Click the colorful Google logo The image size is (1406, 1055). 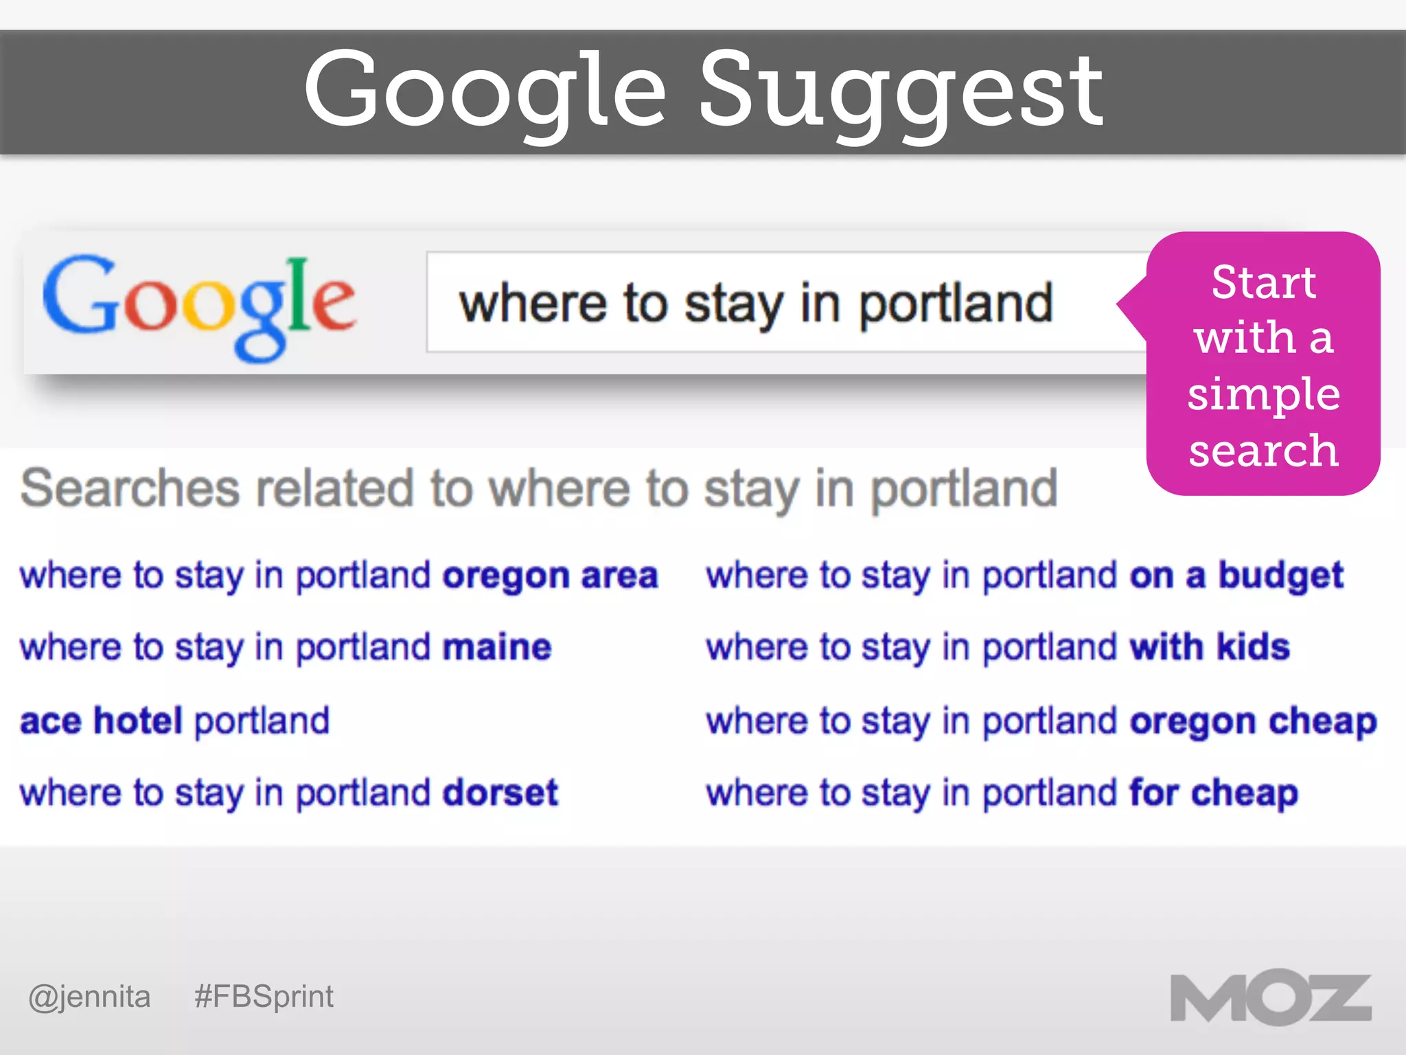coord(199,306)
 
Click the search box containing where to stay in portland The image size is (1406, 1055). coord(755,303)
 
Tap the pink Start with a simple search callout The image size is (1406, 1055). coord(1263,364)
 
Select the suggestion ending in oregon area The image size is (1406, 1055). coord(338,576)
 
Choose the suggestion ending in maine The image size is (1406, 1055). coord(286,647)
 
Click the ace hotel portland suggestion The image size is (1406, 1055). coord(175,721)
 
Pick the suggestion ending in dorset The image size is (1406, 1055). coord(289,793)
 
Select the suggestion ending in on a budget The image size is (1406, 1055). coord(1024,576)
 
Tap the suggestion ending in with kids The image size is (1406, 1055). coord(998,647)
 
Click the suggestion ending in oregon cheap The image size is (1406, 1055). coord(1041,721)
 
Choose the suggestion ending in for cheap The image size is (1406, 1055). coord(1002,793)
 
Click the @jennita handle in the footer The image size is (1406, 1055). coord(89,997)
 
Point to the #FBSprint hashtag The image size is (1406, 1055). coord(264,997)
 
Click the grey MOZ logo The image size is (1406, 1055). coord(1271,998)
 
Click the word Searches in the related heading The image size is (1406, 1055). coord(130,488)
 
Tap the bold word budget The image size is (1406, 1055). coord(1280,576)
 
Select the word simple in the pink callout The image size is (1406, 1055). coord(1263,394)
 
